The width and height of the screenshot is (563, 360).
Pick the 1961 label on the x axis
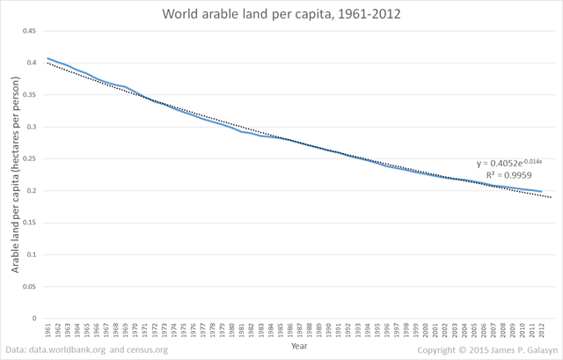pyautogui.click(x=48, y=331)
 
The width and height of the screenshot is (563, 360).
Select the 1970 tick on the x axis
pyautogui.click(x=134, y=331)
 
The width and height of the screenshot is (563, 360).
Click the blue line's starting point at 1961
pyautogui.click(x=48, y=58)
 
